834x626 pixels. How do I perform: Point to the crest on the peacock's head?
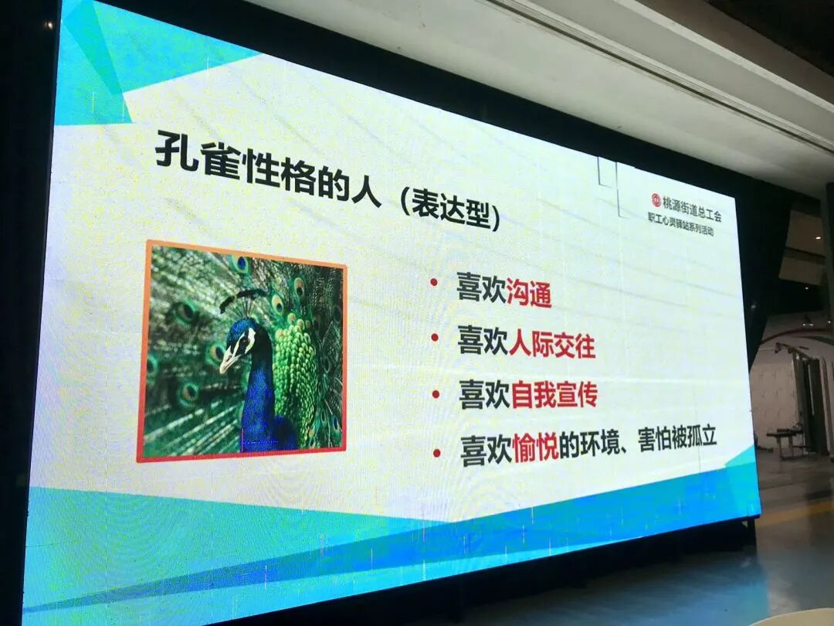tap(246, 297)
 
